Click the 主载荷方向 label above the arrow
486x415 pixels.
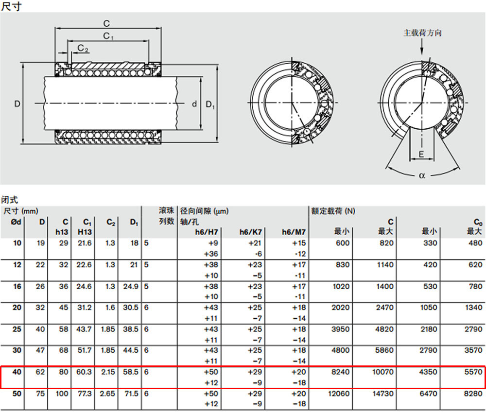(x=422, y=33)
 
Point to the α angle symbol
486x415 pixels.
(x=422, y=175)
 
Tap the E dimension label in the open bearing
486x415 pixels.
(x=421, y=155)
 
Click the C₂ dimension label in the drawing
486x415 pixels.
(x=83, y=48)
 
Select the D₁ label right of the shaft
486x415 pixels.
(x=210, y=105)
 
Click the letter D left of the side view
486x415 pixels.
(x=17, y=104)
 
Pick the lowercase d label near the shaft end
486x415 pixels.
(x=194, y=104)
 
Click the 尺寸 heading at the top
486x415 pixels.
(x=12, y=6)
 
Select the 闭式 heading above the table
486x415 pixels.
(x=10, y=200)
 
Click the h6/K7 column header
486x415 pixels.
(x=250, y=232)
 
